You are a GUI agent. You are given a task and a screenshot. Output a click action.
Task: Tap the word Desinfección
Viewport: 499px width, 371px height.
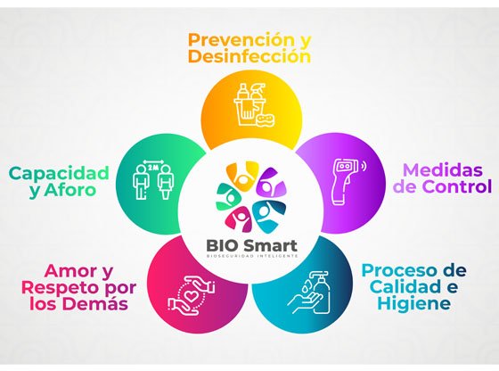click(x=250, y=57)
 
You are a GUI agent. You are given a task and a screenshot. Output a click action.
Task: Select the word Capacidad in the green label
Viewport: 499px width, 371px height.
click(x=59, y=174)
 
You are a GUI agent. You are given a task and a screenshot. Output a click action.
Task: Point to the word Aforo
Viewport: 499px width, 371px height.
click(x=70, y=190)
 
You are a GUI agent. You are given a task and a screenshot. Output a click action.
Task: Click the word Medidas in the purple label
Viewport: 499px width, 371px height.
click(x=443, y=169)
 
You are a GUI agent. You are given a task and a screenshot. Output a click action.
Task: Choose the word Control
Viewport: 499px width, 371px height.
click(x=457, y=186)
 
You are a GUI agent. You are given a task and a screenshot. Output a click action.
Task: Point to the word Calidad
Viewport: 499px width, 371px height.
click(x=405, y=286)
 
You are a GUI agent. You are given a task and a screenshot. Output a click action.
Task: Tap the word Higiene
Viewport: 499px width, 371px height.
click(x=414, y=303)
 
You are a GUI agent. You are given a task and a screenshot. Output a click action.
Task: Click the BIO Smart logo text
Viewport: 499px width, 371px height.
click(x=251, y=246)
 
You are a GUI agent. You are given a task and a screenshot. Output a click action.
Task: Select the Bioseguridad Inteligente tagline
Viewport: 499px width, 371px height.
click(x=252, y=256)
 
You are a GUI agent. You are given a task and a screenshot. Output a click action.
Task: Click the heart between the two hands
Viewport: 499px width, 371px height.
click(x=191, y=296)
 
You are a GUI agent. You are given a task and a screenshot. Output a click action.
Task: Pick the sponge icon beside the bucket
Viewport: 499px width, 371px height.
click(x=266, y=120)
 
